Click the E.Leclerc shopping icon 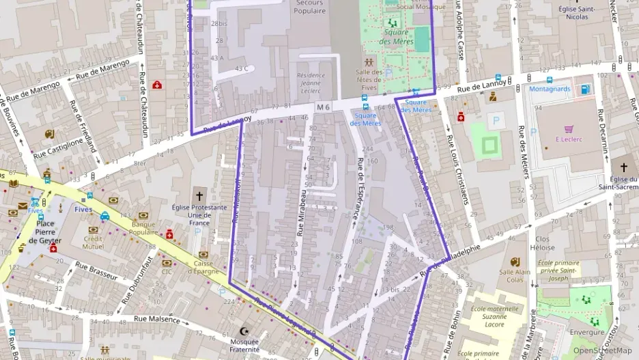click(568, 128)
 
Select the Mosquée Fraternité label click(245, 345)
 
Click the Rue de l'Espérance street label click(358, 189)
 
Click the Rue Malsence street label click(156, 319)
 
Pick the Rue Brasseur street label click(96, 271)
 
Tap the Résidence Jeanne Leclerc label click(311, 83)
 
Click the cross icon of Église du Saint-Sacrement click(623, 167)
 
